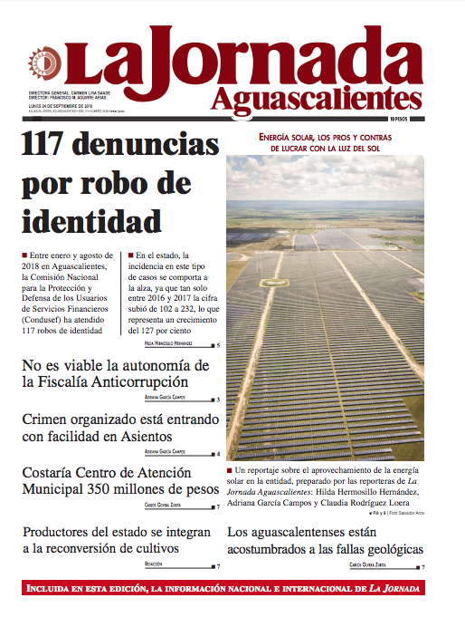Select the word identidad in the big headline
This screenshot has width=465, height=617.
click(91, 220)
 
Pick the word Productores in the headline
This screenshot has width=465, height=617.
click(61, 532)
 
